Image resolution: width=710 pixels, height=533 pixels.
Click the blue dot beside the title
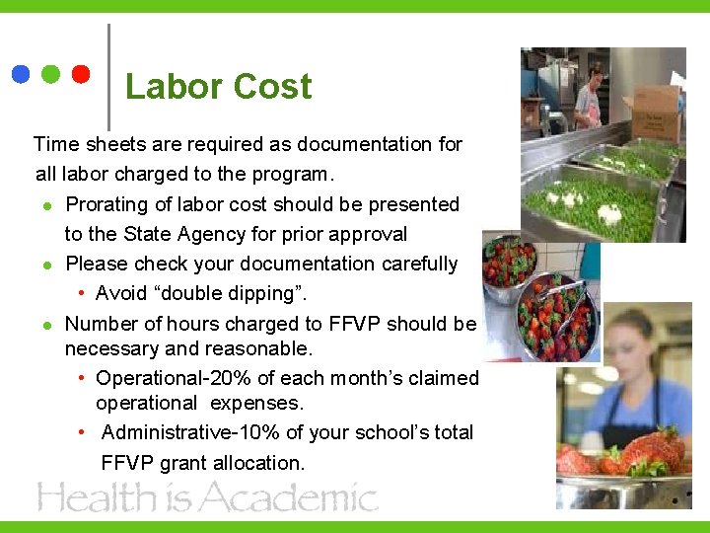point(21,74)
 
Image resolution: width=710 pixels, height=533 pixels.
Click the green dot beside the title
point(51,74)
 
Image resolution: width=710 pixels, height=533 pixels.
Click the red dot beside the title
point(81,74)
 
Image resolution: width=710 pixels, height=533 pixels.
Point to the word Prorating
point(107,204)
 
